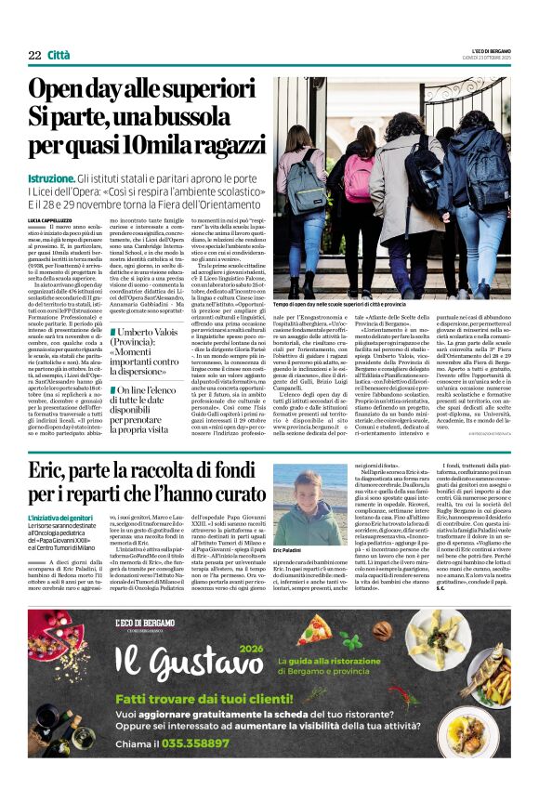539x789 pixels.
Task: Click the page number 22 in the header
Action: click(x=34, y=57)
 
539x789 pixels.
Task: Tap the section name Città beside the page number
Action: click(x=59, y=57)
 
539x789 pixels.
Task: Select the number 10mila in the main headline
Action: click(x=169, y=145)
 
